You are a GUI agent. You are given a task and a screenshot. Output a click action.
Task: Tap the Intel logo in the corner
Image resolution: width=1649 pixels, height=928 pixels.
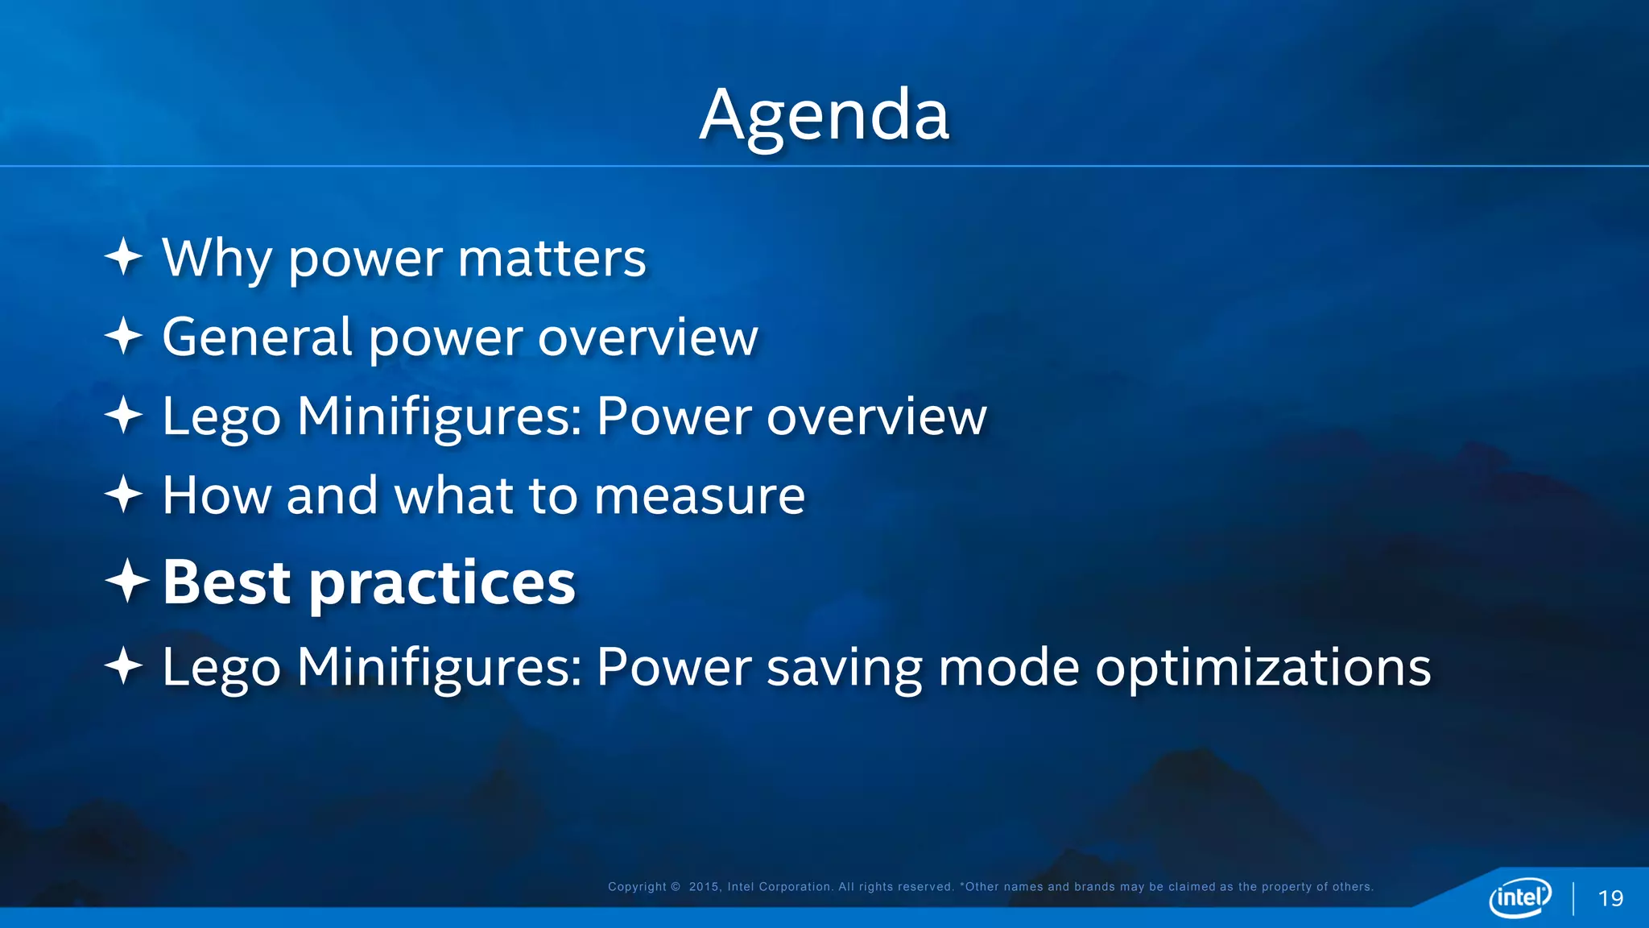pyautogui.click(x=1519, y=897)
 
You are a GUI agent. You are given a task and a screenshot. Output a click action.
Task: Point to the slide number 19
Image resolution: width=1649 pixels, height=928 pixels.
pyautogui.click(x=1610, y=898)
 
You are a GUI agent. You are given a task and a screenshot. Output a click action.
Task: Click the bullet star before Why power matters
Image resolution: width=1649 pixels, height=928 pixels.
pyautogui.click(x=124, y=257)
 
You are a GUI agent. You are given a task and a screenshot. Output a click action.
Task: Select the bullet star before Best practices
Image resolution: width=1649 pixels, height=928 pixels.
pyautogui.click(x=126, y=581)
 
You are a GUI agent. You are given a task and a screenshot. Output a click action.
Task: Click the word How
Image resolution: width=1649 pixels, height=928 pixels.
pyautogui.click(x=217, y=495)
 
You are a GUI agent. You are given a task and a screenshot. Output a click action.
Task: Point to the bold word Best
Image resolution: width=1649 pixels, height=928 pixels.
pyautogui.click(x=226, y=582)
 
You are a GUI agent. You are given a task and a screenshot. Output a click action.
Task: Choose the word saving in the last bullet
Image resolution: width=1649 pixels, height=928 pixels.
pyautogui.click(x=843, y=669)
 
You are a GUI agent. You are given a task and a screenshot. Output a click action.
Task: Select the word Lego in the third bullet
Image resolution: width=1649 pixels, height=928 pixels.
pyautogui.click(x=221, y=418)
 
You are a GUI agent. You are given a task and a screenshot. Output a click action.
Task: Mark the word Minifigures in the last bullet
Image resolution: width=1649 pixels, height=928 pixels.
pyautogui.click(x=440, y=667)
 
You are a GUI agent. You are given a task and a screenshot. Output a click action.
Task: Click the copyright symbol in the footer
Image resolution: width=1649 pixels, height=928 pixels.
pyautogui.click(x=676, y=887)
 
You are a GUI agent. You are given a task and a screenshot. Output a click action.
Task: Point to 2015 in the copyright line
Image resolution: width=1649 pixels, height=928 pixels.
pyautogui.click(x=705, y=887)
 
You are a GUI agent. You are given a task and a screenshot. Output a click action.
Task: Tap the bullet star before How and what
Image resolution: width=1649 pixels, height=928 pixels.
pyautogui.click(x=124, y=494)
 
